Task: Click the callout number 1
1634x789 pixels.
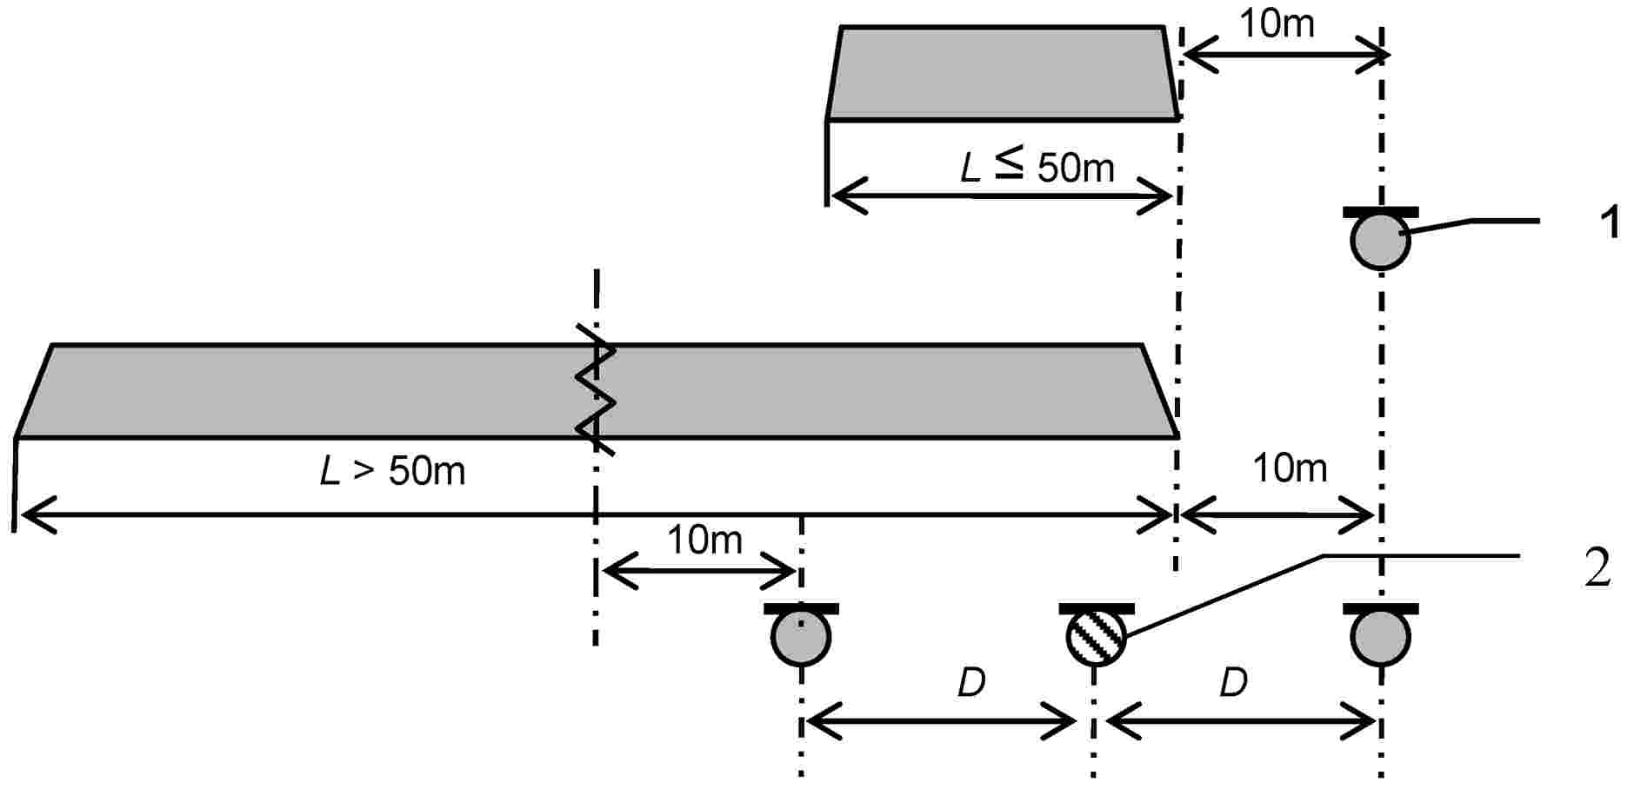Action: [x=1610, y=222]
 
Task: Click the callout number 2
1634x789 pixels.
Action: [x=1597, y=569]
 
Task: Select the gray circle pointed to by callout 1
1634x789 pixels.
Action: [x=1380, y=241]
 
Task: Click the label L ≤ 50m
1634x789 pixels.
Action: [x=1037, y=166]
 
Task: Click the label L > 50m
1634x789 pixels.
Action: [x=392, y=471]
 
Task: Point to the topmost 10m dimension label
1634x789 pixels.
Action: [x=1276, y=23]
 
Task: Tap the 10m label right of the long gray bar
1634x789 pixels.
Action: [x=1289, y=469]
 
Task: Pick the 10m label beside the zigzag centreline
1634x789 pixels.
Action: [x=704, y=540]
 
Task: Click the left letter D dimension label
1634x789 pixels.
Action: [x=971, y=683]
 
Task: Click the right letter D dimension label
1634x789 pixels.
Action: [x=1233, y=683]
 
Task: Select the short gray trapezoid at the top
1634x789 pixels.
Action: [x=1002, y=73]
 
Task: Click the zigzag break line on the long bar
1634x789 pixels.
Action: [x=597, y=389]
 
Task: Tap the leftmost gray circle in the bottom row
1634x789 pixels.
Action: [x=801, y=637]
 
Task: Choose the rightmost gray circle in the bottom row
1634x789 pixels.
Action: [x=1380, y=637]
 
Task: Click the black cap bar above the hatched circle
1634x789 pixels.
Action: [x=1096, y=608]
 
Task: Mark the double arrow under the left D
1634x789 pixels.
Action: [x=943, y=721]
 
